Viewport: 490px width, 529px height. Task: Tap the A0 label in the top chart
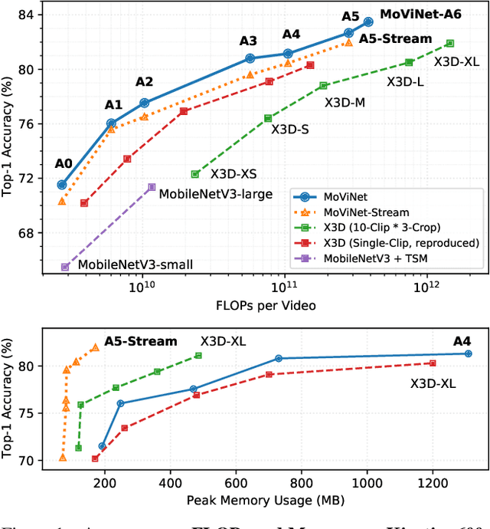point(63,163)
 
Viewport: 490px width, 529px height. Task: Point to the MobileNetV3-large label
point(215,194)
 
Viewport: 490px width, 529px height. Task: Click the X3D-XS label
point(234,175)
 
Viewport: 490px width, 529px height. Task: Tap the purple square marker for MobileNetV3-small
point(65,267)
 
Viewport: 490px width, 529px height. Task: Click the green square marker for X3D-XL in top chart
point(449,43)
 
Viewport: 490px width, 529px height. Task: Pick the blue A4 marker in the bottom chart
point(468,353)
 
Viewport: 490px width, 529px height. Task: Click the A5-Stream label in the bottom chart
point(141,342)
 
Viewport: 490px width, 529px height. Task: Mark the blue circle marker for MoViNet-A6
point(368,21)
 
